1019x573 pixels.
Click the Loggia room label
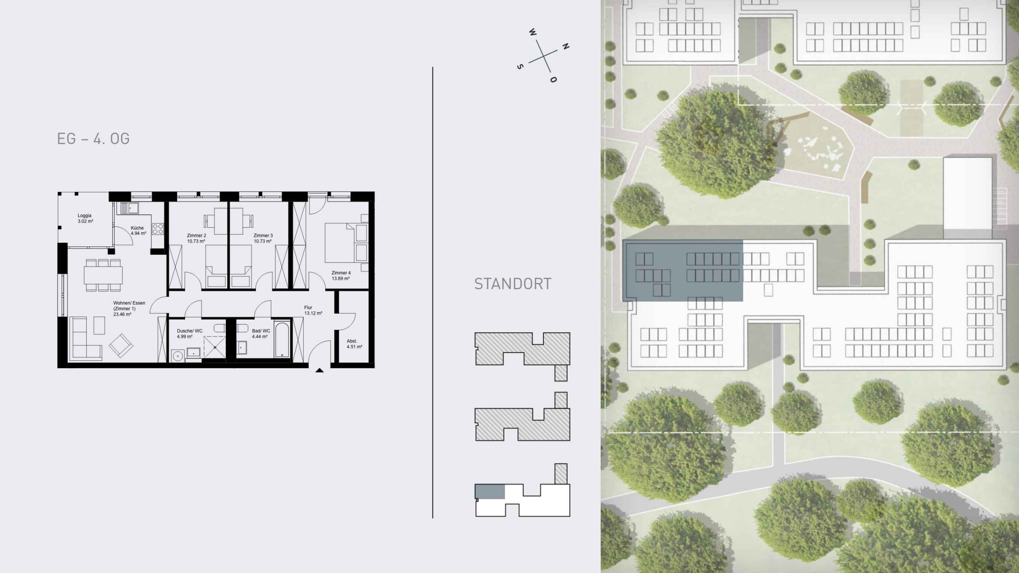pyautogui.click(x=85, y=218)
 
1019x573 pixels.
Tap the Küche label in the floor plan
pyautogui.click(x=138, y=231)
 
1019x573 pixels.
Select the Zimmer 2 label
pyautogui.click(x=196, y=238)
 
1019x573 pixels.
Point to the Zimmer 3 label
pyautogui.click(x=263, y=238)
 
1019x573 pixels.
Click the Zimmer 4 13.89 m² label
pyautogui.click(x=341, y=276)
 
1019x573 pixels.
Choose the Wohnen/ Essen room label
pyautogui.click(x=129, y=309)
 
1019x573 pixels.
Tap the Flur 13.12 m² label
pyautogui.click(x=313, y=310)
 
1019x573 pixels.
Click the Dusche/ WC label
pyautogui.click(x=189, y=334)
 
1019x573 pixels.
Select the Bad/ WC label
pyautogui.click(x=261, y=334)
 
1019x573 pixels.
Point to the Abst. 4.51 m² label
pyautogui.click(x=354, y=344)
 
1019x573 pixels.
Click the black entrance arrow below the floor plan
pyautogui.click(x=319, y=370)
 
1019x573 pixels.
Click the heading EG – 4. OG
pyautogui.click(x=94, y=139)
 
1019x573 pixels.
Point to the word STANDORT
pyautogui.click(x=513, y=284)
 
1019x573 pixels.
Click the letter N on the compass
pyautogui.click(x=565, y=46)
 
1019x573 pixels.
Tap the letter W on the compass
pyautogui.click(x=533, y=32)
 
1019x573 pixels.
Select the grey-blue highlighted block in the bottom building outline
pyautogui.click(x=490, y=491)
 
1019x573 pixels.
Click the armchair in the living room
pyautogui.click(x=121, y=345)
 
